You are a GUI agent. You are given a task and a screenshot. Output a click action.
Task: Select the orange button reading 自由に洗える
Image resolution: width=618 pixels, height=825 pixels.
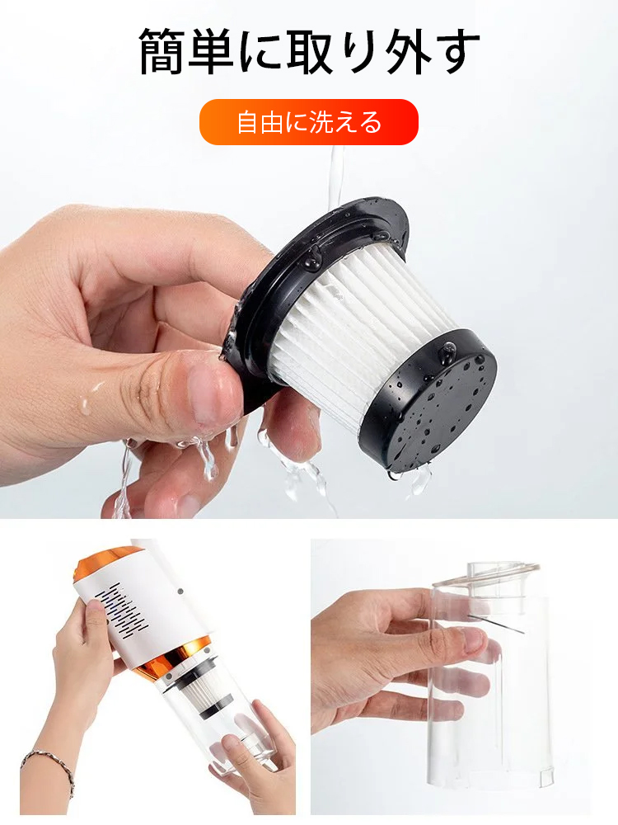point(308,122)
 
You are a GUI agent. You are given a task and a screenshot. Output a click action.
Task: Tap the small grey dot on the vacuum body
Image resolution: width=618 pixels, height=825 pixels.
point(180,592)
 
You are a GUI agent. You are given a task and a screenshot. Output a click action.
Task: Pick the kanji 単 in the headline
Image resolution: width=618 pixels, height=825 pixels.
point(210,51)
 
